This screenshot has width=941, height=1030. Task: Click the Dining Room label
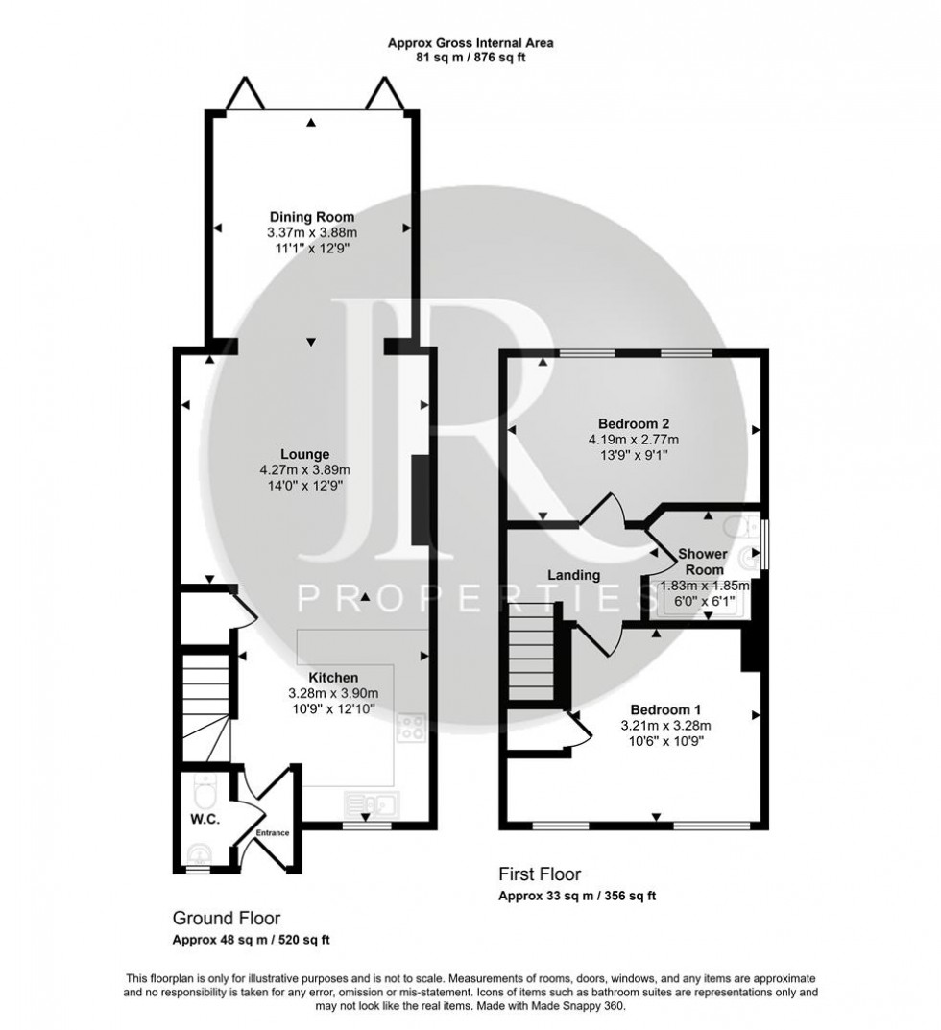311,217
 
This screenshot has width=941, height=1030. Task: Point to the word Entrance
272,833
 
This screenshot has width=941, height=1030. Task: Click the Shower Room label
703,563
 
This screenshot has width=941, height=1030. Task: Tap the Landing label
573,575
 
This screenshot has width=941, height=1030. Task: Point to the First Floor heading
539,874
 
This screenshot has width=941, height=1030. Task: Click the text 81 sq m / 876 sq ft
470,58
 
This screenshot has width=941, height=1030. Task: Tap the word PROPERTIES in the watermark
464,600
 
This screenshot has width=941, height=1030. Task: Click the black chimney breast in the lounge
420,503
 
